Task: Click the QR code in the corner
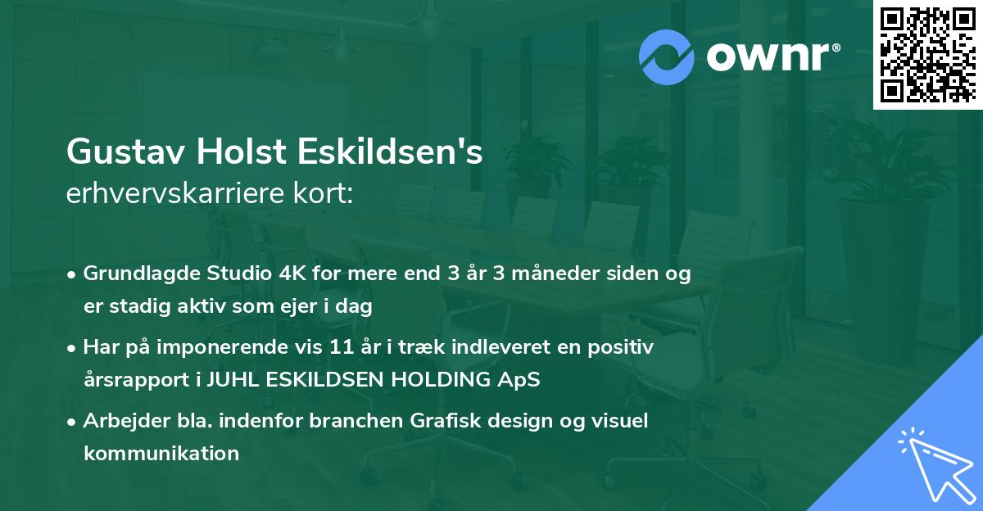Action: (927, 54)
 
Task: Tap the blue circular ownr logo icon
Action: (667, 57)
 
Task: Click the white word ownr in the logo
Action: (768, 57)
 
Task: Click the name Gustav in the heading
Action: (125, 151)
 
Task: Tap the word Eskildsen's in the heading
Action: (390, 151)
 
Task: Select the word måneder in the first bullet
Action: (555, 273)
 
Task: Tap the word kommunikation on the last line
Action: (161, 453)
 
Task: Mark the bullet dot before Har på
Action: (71, 349)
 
